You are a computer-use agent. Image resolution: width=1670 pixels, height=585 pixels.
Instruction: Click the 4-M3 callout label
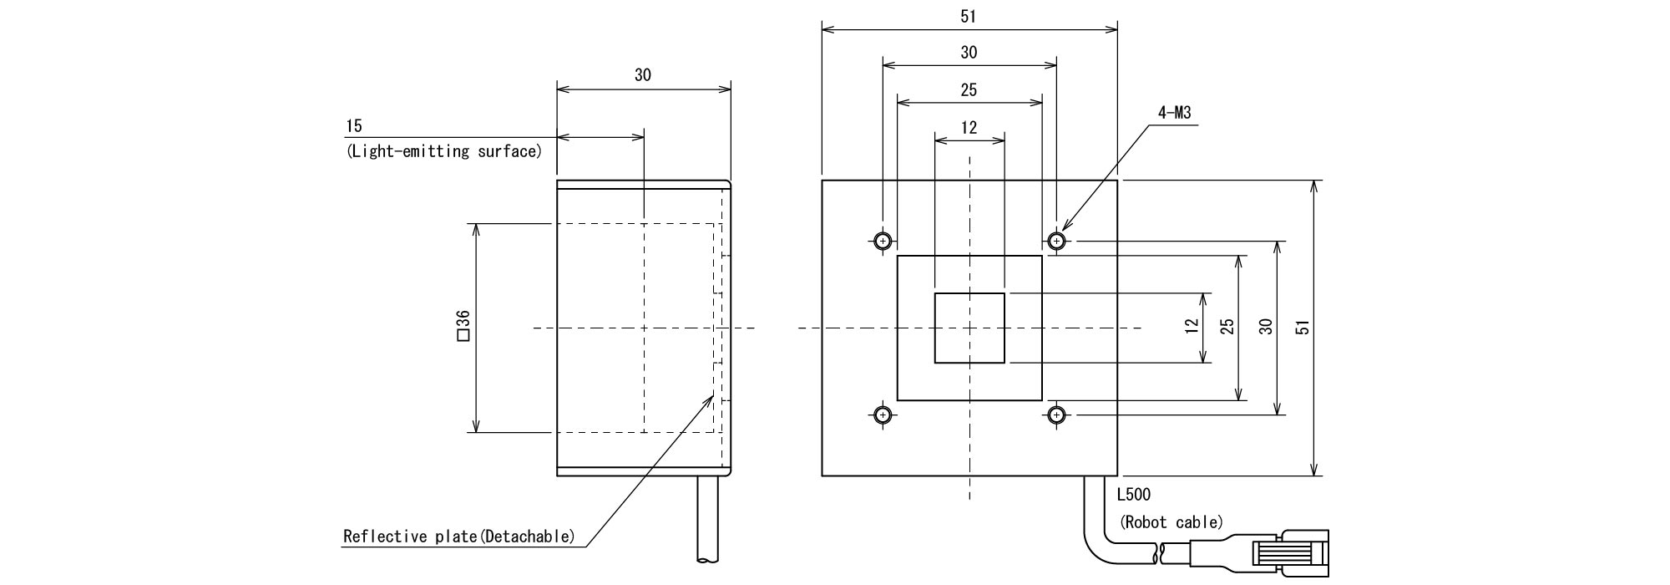click(1175, 112)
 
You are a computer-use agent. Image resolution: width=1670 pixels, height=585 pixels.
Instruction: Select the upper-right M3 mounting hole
click(1057, 242)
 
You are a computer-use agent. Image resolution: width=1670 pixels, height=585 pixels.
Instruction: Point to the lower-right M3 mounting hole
click(1057, 415)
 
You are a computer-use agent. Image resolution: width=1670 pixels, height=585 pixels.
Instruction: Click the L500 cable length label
click(1133, 495)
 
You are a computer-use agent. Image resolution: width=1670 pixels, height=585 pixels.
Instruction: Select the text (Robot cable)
click(1171, 522)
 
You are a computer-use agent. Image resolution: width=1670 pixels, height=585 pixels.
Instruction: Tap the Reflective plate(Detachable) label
click(459, 536)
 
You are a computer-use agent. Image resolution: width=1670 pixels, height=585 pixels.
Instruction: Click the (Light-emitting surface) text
click(443, 151)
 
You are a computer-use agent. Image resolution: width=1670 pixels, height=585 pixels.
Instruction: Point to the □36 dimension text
click(463, 325)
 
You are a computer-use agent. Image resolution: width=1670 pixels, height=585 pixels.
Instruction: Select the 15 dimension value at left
click(354, 126)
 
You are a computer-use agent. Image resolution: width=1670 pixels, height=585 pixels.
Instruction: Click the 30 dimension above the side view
click(642, 75)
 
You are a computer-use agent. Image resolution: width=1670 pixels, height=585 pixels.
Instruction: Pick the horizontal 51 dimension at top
click(969, 16)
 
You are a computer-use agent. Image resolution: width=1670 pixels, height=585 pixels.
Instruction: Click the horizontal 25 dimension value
click(969, 89)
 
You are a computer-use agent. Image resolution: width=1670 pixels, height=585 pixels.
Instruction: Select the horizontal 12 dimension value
click(969, 128)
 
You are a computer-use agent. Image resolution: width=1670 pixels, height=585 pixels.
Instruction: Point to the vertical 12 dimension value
click(1192, 327)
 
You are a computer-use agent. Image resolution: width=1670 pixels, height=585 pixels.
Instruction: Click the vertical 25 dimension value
click(1227, 327)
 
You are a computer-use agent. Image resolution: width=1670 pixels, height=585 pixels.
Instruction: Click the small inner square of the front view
click(969, 328)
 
